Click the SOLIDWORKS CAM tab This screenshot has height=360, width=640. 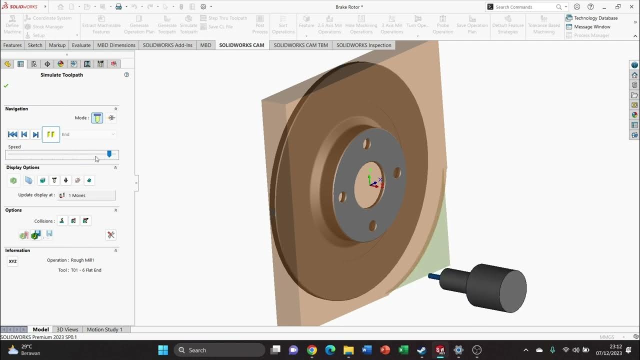click(241, 45)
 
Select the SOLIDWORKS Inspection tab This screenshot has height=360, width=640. click(363, 45)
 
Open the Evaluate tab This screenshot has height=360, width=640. click(81, 45)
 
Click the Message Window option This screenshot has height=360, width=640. click(592, 26)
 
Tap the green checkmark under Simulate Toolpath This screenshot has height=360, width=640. click(6, 85)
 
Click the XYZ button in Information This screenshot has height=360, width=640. click(12, 261)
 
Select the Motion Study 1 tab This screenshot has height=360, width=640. click(104, 329)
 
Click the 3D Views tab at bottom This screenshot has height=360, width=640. click(67, 329)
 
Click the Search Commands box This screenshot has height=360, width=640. click(524, 7)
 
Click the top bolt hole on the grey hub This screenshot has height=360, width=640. click(366, 144)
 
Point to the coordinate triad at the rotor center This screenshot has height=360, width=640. click(373, 181)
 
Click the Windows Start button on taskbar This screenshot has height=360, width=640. click(163, 350)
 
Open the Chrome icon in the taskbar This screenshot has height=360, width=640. click(311, 350)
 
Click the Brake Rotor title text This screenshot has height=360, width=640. click(349, 7)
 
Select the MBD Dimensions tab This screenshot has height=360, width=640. click(116, 45)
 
